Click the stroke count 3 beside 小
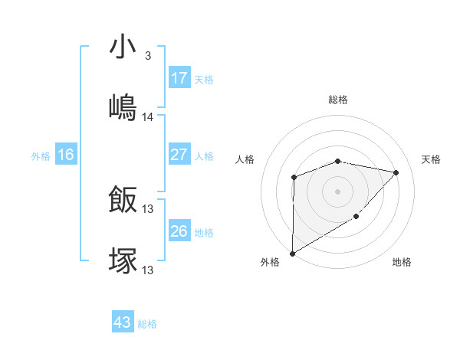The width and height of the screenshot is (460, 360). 147,57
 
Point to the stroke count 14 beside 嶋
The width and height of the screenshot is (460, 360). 148,117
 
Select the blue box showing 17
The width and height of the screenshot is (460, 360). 179,78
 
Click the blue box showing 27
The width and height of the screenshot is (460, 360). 179,155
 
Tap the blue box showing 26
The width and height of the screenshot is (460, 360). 179,231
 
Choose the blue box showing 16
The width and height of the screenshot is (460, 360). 66,155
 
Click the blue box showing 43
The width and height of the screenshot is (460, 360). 123,322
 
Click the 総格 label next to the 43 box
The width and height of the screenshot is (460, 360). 148,324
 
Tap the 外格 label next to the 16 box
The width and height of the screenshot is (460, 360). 41,156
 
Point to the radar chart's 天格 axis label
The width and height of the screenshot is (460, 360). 432,159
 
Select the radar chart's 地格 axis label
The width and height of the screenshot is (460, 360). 402,263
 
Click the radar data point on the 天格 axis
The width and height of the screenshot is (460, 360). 396,172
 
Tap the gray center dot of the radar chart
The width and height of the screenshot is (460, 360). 337,191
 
